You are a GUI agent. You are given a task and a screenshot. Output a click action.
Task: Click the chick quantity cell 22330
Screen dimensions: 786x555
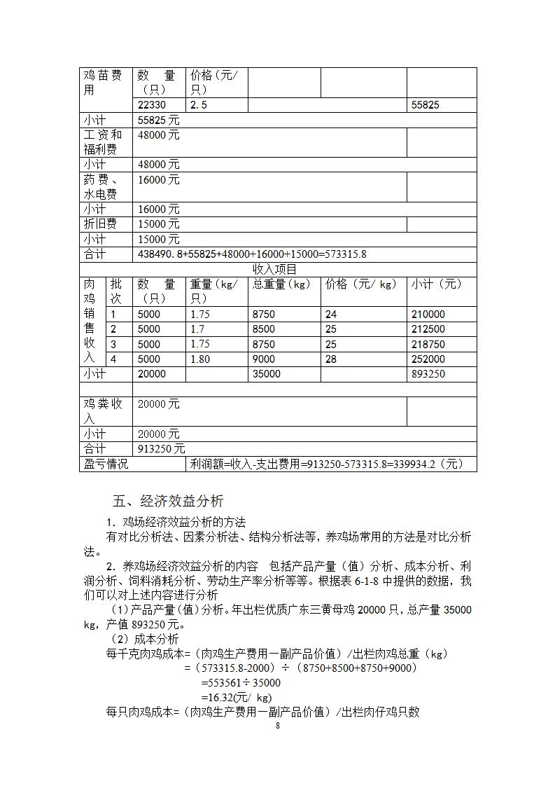click(152, 105)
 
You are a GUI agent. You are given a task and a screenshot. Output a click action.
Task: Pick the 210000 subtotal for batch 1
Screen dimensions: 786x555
click(428, 315)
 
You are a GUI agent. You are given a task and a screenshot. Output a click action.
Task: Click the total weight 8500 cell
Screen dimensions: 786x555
click(264, 329)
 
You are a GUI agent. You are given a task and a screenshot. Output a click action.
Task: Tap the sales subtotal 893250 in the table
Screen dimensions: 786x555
click(428, 374)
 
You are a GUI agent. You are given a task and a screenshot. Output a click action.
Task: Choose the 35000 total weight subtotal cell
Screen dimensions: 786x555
click(267, 374)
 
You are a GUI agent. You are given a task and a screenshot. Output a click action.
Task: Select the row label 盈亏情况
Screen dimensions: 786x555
click(106, 464)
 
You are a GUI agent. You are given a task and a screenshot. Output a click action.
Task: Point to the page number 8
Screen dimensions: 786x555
click(278, 726)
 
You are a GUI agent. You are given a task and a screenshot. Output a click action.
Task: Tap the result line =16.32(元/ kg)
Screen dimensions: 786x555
click(237, 697)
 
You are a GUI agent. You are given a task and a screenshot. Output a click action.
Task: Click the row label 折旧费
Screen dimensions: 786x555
click(100, 224)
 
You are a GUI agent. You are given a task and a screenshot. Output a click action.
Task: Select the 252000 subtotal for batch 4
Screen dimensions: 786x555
click(428, 359)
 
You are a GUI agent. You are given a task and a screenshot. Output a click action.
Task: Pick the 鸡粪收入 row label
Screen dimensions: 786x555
click(104, 411)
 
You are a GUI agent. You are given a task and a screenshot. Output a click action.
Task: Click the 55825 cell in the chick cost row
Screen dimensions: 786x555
click(426, 105)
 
